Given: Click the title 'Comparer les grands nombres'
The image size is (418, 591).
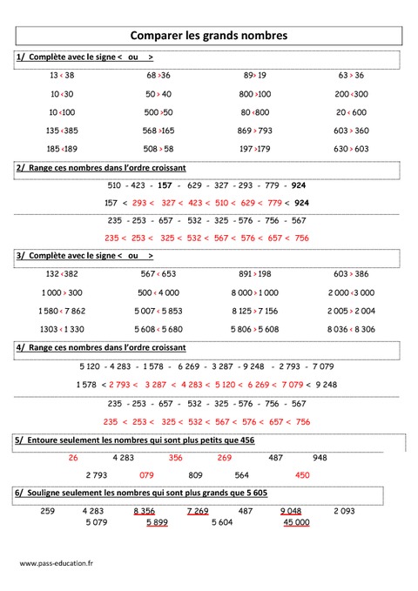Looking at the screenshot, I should click(x=208, y=36).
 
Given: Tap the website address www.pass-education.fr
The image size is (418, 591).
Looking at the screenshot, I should click(x=56, y=562).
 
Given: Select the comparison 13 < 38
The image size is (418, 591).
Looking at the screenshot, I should click(x=62, y=76).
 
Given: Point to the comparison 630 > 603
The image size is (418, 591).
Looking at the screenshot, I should click(x=351, y=149).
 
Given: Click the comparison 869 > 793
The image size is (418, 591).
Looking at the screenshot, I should click(x=254, y=131).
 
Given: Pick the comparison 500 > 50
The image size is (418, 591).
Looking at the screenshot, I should click(x=158, y=112).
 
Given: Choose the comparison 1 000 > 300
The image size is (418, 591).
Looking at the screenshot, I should click(x=62, y=292).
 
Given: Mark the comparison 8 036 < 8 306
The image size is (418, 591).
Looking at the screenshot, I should click(x=351, y=329).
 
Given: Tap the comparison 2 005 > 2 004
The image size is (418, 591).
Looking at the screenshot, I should click(x=351, y=311).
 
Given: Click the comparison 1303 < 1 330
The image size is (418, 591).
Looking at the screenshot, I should click(x=62, y=329).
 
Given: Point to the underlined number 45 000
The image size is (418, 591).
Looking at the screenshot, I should click(x=296, y=522).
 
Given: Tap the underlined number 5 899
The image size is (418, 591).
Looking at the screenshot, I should click(x=157, y=522).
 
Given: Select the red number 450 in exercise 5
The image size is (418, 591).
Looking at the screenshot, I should click(x=302, y=475).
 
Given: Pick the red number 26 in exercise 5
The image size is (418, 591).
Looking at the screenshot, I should click(x=73, y=457).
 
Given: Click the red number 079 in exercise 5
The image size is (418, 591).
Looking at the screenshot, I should click(x=146, y=475).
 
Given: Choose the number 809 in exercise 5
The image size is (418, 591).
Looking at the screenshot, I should click(x=195, y=475).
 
